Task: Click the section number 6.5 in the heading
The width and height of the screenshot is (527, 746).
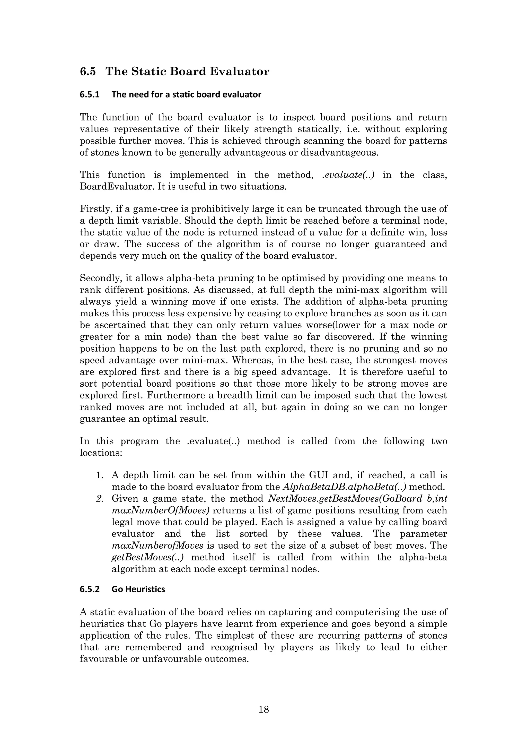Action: (88, 72)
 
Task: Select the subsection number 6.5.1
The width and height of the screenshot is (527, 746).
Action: (89, 94)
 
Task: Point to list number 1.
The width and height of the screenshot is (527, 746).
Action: (99, 475)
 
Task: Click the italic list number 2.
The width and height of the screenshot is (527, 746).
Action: (99, 499)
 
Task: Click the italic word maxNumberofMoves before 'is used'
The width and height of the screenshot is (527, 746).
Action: (157, 545)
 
